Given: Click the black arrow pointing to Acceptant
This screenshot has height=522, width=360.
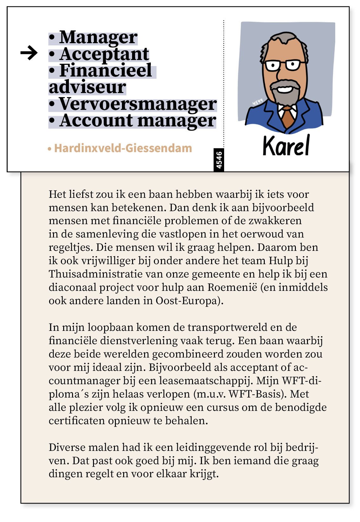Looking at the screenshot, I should pyautogui.click(x=29, y=53).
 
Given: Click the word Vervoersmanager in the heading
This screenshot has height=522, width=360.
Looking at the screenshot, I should pyautogui.click(x=138, y=104).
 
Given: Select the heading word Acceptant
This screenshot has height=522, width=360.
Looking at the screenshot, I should pyautogui.click(x=104, y=54).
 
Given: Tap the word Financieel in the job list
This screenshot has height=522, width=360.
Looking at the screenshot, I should pyautogui.click(x=105, y=70).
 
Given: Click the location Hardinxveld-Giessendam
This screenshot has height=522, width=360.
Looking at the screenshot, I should pyautogui.click(x=123, y=148).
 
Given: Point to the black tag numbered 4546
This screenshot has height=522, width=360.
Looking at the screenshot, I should pyautogui.click(x=219, y=160).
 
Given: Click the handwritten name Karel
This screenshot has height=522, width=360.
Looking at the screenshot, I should pyautogui.click(x=286, y=146).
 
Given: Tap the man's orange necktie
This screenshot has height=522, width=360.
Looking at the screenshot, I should pyautogui.click(x=288, y=117).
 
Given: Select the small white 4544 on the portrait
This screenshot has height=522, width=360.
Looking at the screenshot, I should pyautogui.click(x=257, y=102).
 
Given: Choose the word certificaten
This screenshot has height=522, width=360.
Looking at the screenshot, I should pyautogui.click(x=77, y=421).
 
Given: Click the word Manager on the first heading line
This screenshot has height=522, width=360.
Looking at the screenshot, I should pyautogui.click(x=98, y=37).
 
